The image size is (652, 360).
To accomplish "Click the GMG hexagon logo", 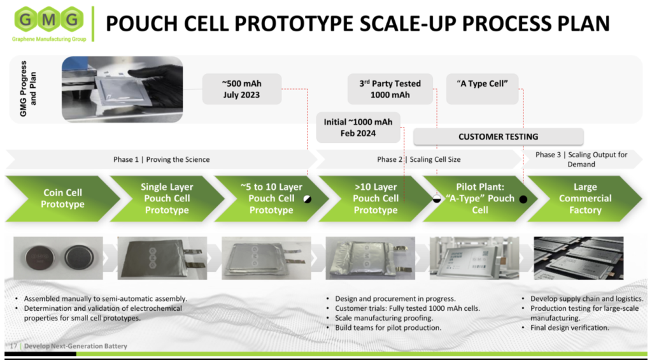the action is [48, 20].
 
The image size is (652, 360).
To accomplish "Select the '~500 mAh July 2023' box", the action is [241, 89].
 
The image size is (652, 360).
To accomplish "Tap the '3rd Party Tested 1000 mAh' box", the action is [390, 89].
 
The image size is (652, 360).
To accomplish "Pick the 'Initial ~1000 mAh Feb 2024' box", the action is [358, 127].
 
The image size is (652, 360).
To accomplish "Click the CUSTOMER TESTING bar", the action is [498, 136].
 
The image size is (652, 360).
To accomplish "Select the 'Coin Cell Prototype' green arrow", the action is [62, 199].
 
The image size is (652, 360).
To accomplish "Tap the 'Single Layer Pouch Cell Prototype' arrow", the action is [167, 199].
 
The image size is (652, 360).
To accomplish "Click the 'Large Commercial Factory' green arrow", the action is [585, 199].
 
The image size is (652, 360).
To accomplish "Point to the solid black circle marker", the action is [523, 199].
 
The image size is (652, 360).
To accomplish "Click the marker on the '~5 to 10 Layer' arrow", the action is [308, 199].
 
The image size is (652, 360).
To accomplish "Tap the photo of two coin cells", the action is [58, 258].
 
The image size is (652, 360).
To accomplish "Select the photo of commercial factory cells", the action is [578, 258].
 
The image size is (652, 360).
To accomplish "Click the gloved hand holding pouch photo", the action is [122, 89].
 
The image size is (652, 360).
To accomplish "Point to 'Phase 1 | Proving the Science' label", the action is [161, 160].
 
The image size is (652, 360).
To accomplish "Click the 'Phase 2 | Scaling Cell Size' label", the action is [419, 160].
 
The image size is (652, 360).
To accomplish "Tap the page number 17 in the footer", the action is [13, 346].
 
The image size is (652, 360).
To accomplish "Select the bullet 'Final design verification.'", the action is [570, 328].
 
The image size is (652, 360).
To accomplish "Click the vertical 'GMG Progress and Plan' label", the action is [28, 89].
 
